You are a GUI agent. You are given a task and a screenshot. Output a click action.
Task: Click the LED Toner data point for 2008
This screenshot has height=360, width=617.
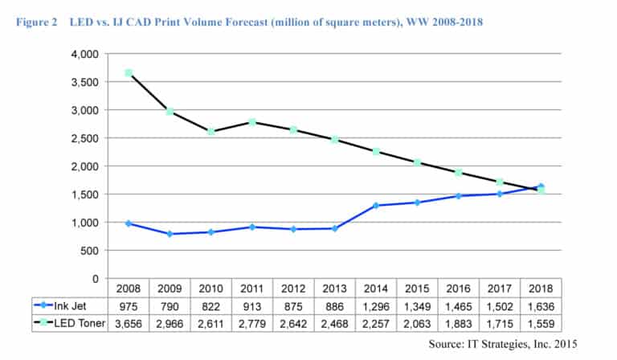point(129,73)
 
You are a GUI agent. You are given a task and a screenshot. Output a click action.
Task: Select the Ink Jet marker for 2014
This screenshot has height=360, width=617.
point(376,206)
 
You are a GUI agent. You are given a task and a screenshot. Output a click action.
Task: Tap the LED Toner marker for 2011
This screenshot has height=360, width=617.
point(252,122)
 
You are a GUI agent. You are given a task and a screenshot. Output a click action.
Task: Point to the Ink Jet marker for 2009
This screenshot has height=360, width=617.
point(170,234)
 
